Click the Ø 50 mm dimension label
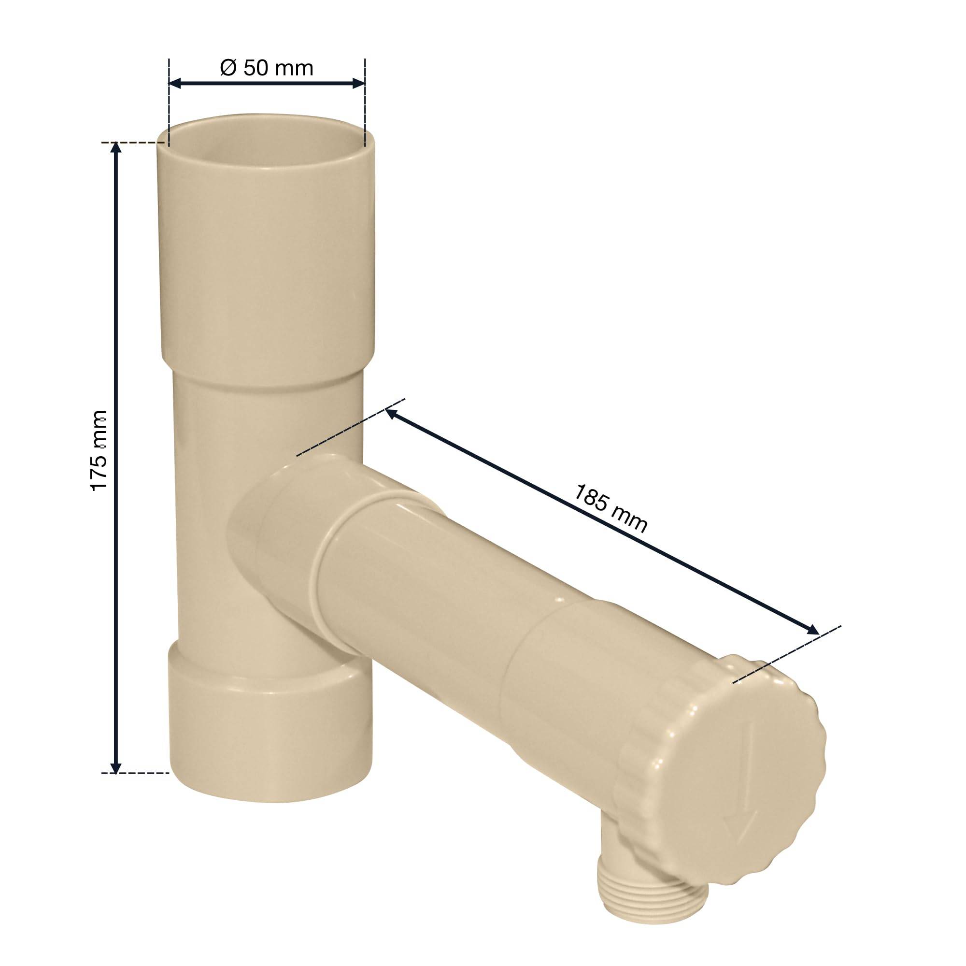pyautogui.click(x=267, y=68)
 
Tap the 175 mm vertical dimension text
pyautogui.click(x=99, y=450)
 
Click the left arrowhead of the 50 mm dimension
pyautogui.click(x=176, y=83)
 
